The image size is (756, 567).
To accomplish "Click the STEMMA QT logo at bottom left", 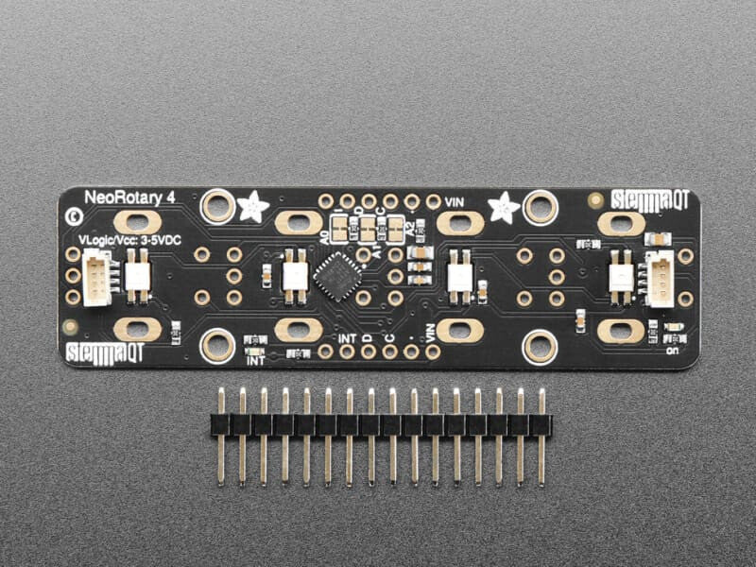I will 105,353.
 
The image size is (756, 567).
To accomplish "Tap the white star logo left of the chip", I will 252,207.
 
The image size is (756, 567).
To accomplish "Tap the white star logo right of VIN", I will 504,206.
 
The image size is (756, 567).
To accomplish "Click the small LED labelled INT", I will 254,340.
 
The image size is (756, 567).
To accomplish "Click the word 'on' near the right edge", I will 672,349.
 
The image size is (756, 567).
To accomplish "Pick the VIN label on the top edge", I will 455,200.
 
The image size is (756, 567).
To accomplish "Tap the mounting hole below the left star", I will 218,346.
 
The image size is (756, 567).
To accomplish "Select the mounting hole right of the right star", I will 541,206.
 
